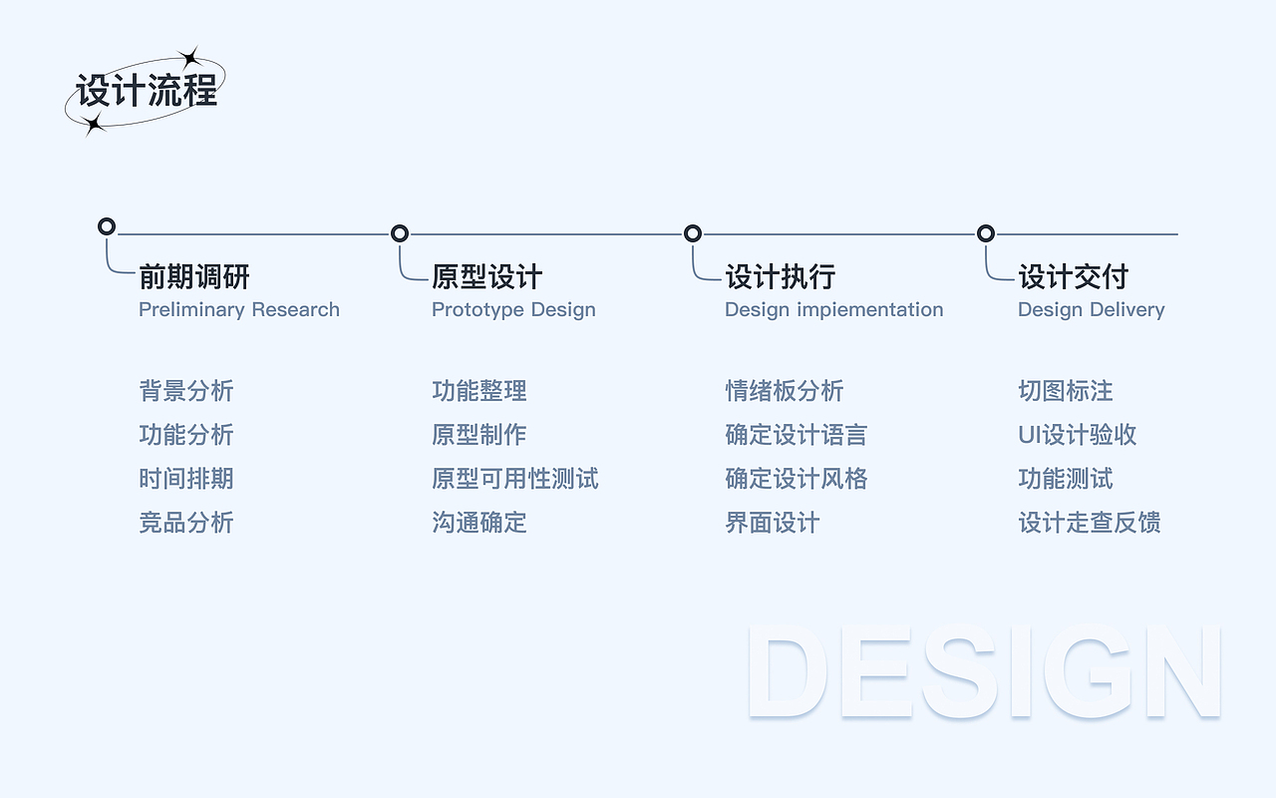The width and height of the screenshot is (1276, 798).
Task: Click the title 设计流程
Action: [x=147, y=92]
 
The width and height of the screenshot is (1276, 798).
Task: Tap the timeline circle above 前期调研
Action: [x=107, y=226]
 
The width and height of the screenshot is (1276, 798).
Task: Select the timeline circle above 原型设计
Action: [x=400, y=233]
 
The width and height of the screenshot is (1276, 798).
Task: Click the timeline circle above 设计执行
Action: [x=693, y=233]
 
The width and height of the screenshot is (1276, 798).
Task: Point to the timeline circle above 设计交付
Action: [x=986, y=233]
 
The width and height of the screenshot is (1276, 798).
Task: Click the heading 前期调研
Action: [x=194, y=276]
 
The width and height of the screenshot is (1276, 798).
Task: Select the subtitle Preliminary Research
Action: [x=239, y=309]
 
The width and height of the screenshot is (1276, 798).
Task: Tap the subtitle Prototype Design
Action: [x=513, y=309]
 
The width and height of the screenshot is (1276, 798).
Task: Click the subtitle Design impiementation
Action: [x=833, y=309]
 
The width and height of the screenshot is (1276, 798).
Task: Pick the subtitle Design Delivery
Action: [x=1091, y=309]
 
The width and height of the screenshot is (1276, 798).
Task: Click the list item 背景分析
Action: [x=186, y=391]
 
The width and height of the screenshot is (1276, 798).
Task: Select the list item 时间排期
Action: [x=186, y=479]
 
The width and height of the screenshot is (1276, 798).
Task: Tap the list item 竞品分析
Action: [x=186, y=523]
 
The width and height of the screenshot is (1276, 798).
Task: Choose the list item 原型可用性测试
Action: [x=515, y=479]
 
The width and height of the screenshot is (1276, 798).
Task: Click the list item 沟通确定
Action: [x=479, y=523]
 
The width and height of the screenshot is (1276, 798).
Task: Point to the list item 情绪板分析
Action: [x=785, y=391]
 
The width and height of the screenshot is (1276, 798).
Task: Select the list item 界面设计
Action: [x=773, y=523]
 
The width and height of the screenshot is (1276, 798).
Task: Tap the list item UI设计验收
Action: [x=1078, y=435]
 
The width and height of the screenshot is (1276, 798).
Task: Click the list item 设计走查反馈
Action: [x=1090, y=523]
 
